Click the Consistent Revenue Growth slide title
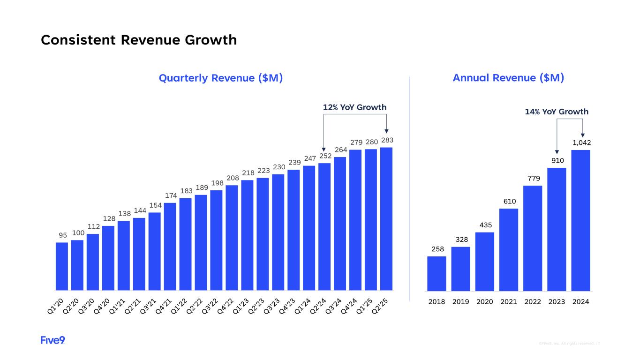point(139,40)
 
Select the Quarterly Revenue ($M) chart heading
point(221,78)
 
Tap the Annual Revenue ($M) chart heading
point(508,78)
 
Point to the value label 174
point(170,196)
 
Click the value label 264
point(340,150)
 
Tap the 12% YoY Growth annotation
point(355,107)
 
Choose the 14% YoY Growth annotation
point(556,112)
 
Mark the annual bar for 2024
point(580,220)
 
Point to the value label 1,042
point(580,142)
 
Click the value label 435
point(485,225)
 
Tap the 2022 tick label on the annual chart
point(533,302)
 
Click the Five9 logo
point(53,340)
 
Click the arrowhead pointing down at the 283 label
point(386,132)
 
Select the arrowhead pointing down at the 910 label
point(557,152)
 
